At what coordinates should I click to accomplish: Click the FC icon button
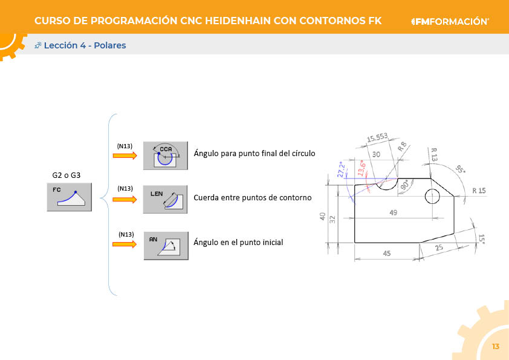(70, 197)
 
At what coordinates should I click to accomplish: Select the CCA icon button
(166, 155)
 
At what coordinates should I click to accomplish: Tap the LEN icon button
(165, 199)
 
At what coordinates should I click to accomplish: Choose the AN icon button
(166, 246)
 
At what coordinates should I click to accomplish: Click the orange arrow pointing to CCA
(125, 156)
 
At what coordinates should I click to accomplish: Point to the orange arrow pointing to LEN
(125, 200)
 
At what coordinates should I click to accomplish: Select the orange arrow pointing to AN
(125, 244)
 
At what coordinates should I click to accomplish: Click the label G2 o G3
(66, 175)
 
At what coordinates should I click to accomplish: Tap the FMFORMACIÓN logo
(450, 21)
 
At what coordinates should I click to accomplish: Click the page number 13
(495, 346)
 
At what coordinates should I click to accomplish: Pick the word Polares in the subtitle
(110, 45)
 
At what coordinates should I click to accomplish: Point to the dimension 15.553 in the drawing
(377, 137)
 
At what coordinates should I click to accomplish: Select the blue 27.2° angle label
(342, 169)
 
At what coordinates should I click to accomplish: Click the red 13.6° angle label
(361, 168)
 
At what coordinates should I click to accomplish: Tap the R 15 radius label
(479, 191)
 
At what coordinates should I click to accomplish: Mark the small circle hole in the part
(432, 196)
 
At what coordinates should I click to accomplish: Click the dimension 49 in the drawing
(393, 212)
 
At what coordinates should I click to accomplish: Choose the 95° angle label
(459, 169)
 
